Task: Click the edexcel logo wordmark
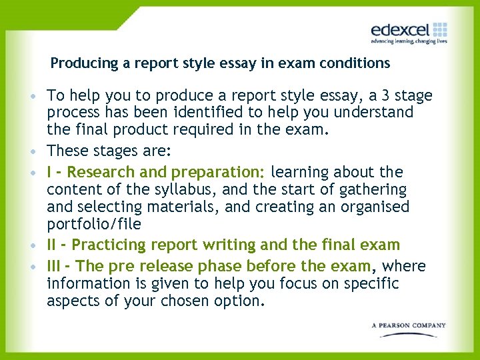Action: click(400, 30)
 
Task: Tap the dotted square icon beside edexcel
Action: click(440, 29)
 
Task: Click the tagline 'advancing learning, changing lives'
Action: click(409, 41)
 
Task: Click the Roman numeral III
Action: click(56, 266)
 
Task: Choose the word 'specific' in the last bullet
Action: click(369, 283)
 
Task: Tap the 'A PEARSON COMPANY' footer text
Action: click(409, 325)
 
